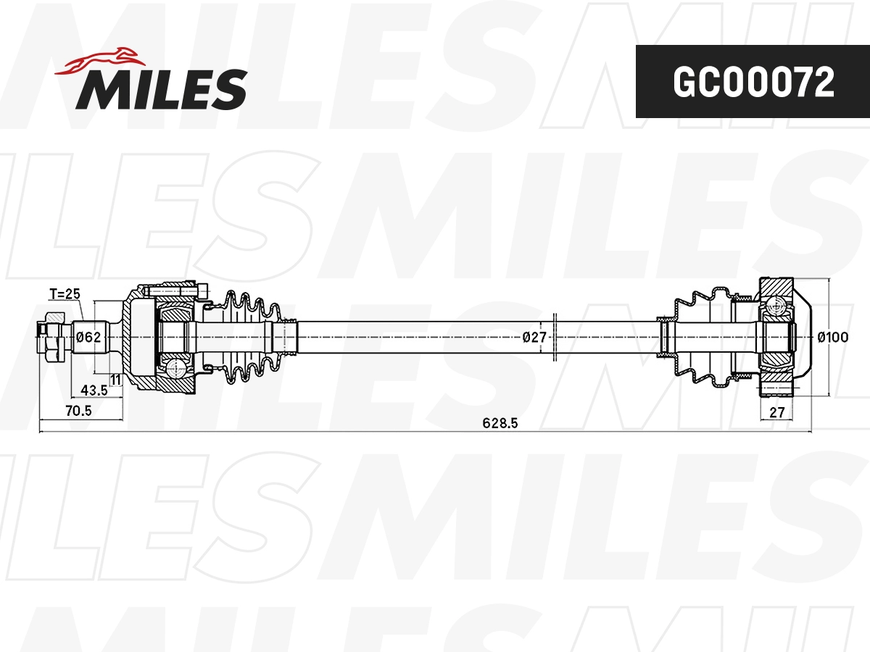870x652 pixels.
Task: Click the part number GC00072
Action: [753, 83]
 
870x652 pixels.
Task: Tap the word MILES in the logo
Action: [161, 89]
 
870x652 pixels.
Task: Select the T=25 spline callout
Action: [64, 294]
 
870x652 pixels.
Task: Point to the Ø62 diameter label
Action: [88, 337]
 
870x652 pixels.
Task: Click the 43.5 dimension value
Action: [94, 390]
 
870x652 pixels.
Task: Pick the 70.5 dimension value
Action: [78, 411]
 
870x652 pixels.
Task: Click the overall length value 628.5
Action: [500, 424]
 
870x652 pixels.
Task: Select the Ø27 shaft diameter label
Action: [534, 337]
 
